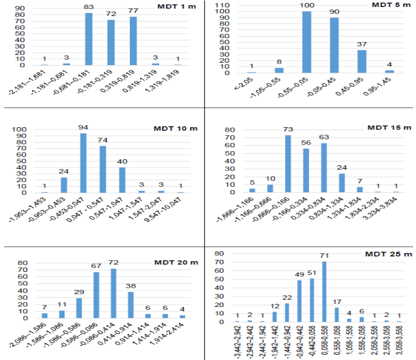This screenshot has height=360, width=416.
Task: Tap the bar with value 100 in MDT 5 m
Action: click(307, 42)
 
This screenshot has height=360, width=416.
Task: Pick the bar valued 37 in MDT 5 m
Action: click(361, 62)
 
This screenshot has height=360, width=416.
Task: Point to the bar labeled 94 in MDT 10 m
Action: click(83, 163)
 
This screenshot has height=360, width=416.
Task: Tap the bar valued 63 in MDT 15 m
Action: click(324, 168)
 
